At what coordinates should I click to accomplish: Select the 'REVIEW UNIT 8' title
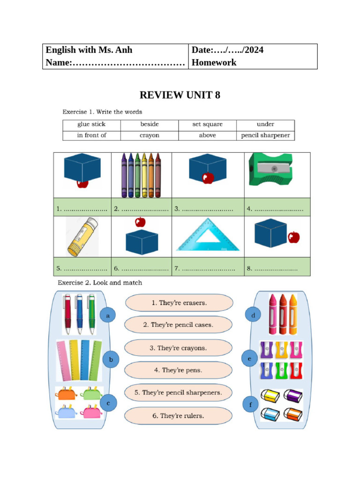point(180,95)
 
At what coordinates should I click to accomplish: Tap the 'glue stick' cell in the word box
point(91,125)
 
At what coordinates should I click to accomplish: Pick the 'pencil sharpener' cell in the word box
point(265,135)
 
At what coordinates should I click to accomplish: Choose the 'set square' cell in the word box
point(207,125)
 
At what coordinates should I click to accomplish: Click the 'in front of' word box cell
point(91,135)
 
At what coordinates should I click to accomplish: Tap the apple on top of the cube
point(140,222)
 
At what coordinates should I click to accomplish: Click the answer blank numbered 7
point(208,269)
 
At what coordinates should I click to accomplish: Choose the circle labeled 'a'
point(108,316)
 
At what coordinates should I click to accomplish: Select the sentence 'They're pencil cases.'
point(178,324)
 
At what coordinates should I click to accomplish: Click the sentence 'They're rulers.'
point(178,415)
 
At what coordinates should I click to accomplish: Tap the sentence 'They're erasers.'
point(179,303)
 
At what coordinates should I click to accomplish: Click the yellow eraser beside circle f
point(270,397)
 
